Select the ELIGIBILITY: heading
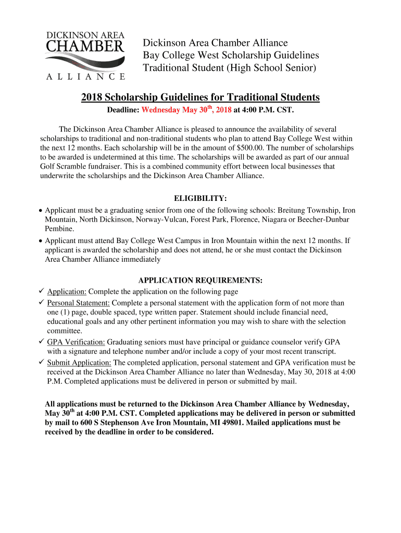(x=200, y=199)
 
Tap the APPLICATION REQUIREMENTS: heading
(x=200, y=281)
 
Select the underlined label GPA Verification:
(x=76, y=342)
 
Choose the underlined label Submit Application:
(x=79, y=362)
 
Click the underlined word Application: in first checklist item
(x=67, y=291)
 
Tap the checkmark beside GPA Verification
(x=41, y=341)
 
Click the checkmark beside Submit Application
(x=41, y=362)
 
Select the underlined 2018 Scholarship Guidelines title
(x=200, y=97)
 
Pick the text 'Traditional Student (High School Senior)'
(x=230, y=68)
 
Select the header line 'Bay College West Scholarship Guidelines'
(x=231, y=55)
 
